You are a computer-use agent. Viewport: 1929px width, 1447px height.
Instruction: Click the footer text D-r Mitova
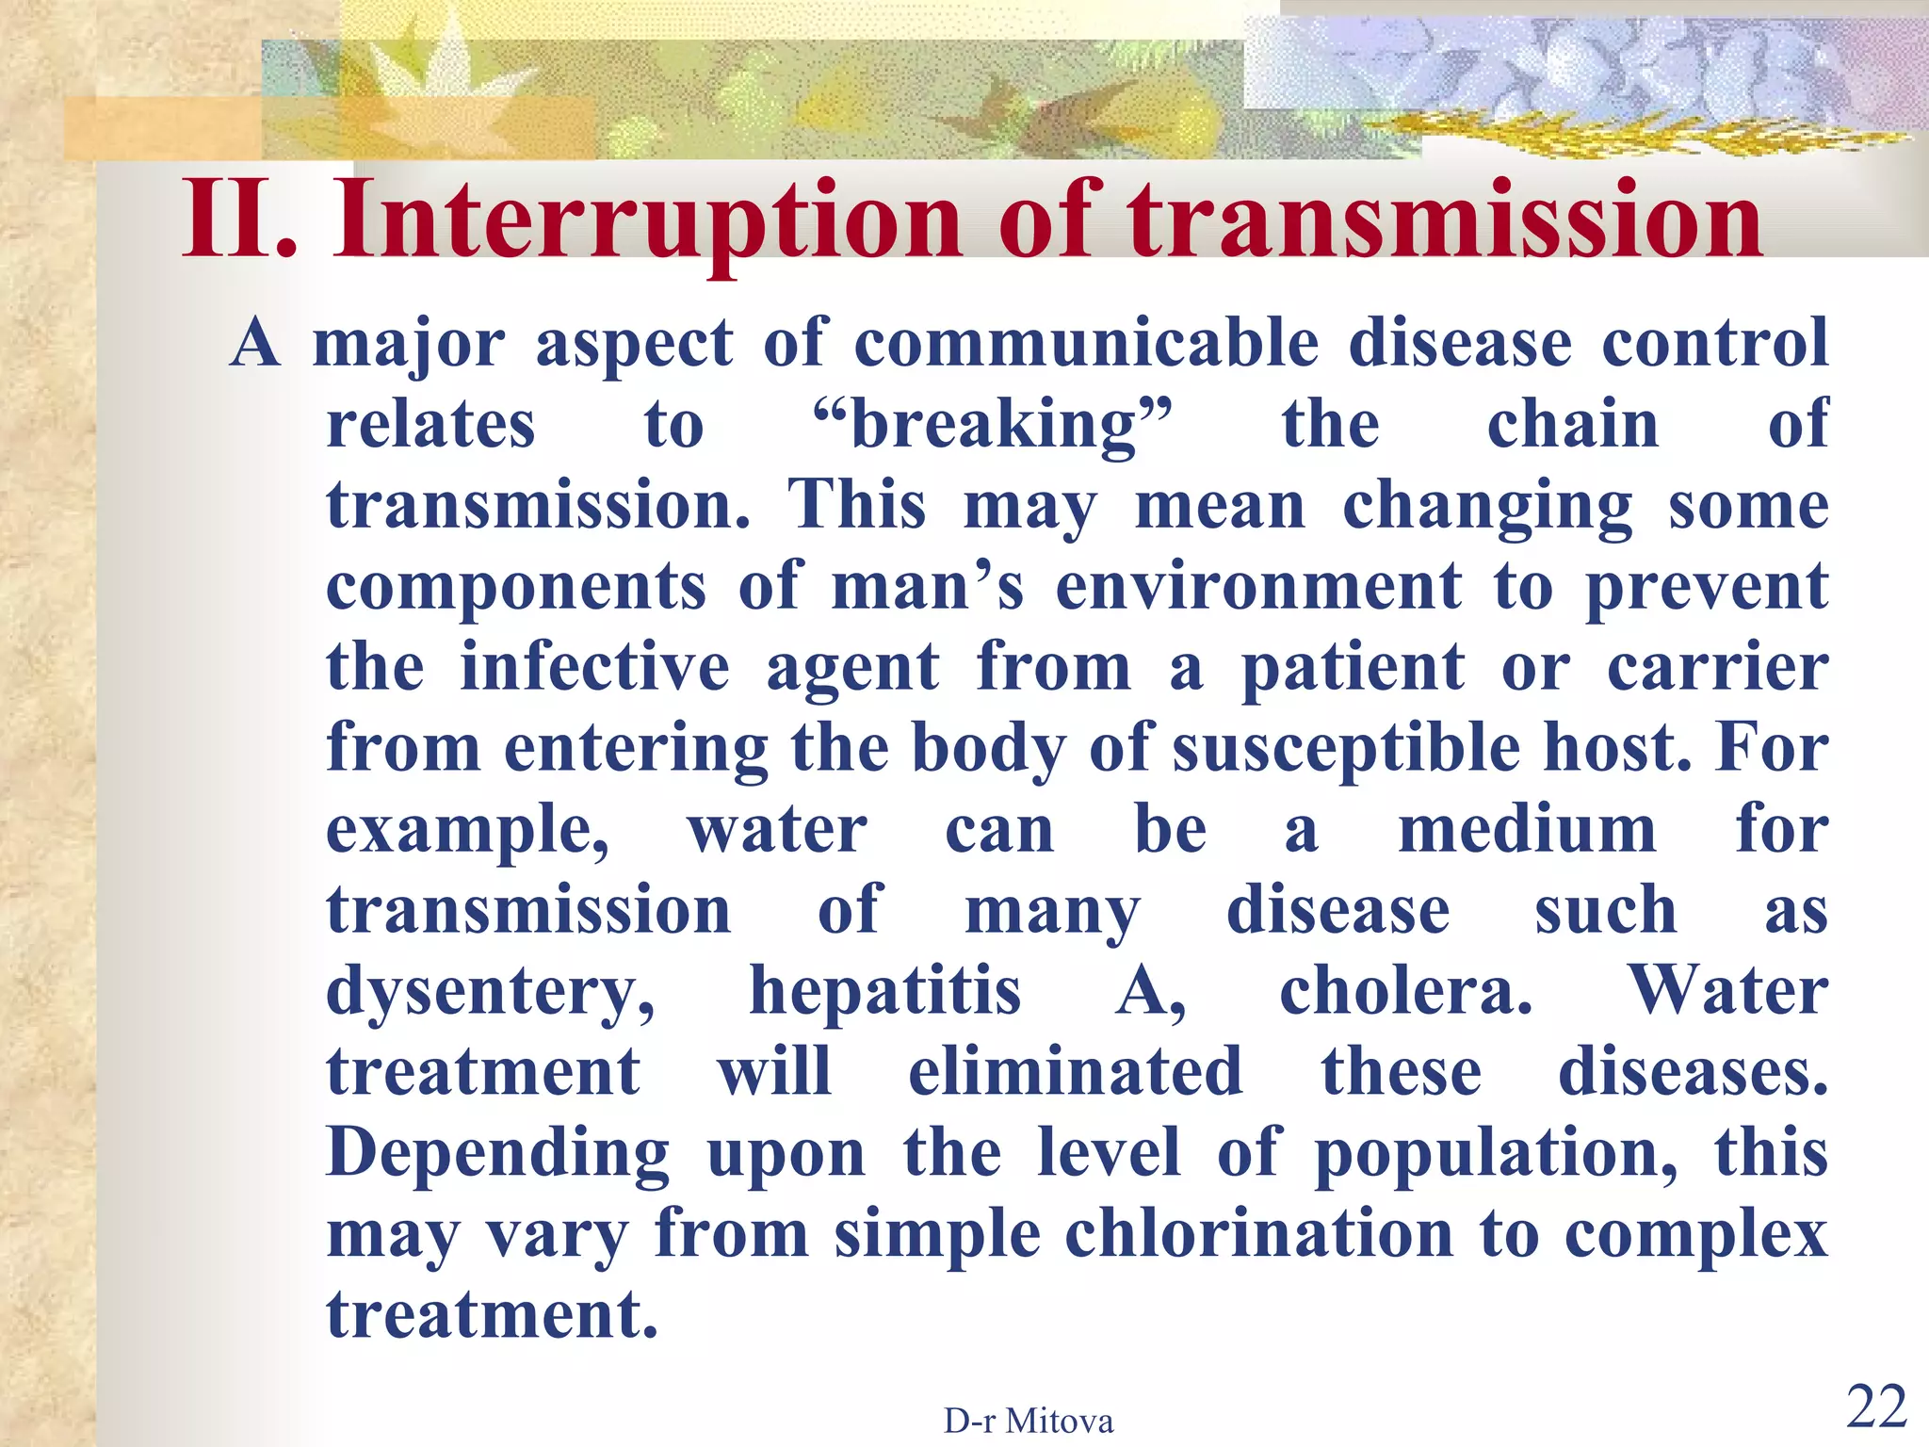[1029, 1421]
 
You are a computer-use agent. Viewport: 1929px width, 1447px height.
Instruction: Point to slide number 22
[1876, 1407]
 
